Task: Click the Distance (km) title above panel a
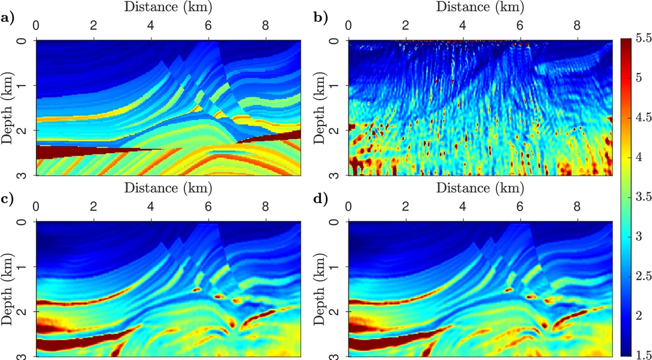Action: [168, 8]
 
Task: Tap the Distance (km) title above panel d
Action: [480, 188]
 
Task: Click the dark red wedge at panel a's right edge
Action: [288, 136]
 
